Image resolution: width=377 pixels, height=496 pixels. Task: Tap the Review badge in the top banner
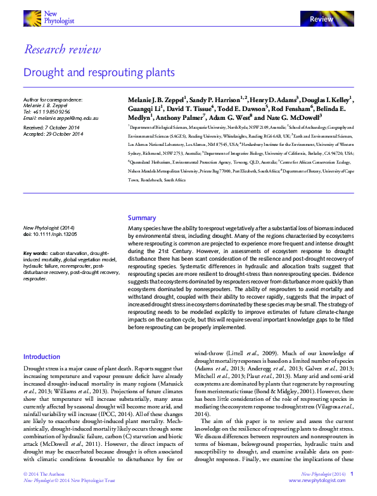[321, 19]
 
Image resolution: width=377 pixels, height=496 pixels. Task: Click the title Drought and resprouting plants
[99, 72]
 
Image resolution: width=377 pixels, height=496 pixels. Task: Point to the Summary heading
[142, 218]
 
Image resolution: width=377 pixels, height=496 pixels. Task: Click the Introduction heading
[42, 357]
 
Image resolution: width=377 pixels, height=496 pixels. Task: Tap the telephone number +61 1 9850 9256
[53, 112]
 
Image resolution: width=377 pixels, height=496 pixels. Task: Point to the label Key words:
[35, 253]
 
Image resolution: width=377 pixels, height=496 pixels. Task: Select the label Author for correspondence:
[53, 100]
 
